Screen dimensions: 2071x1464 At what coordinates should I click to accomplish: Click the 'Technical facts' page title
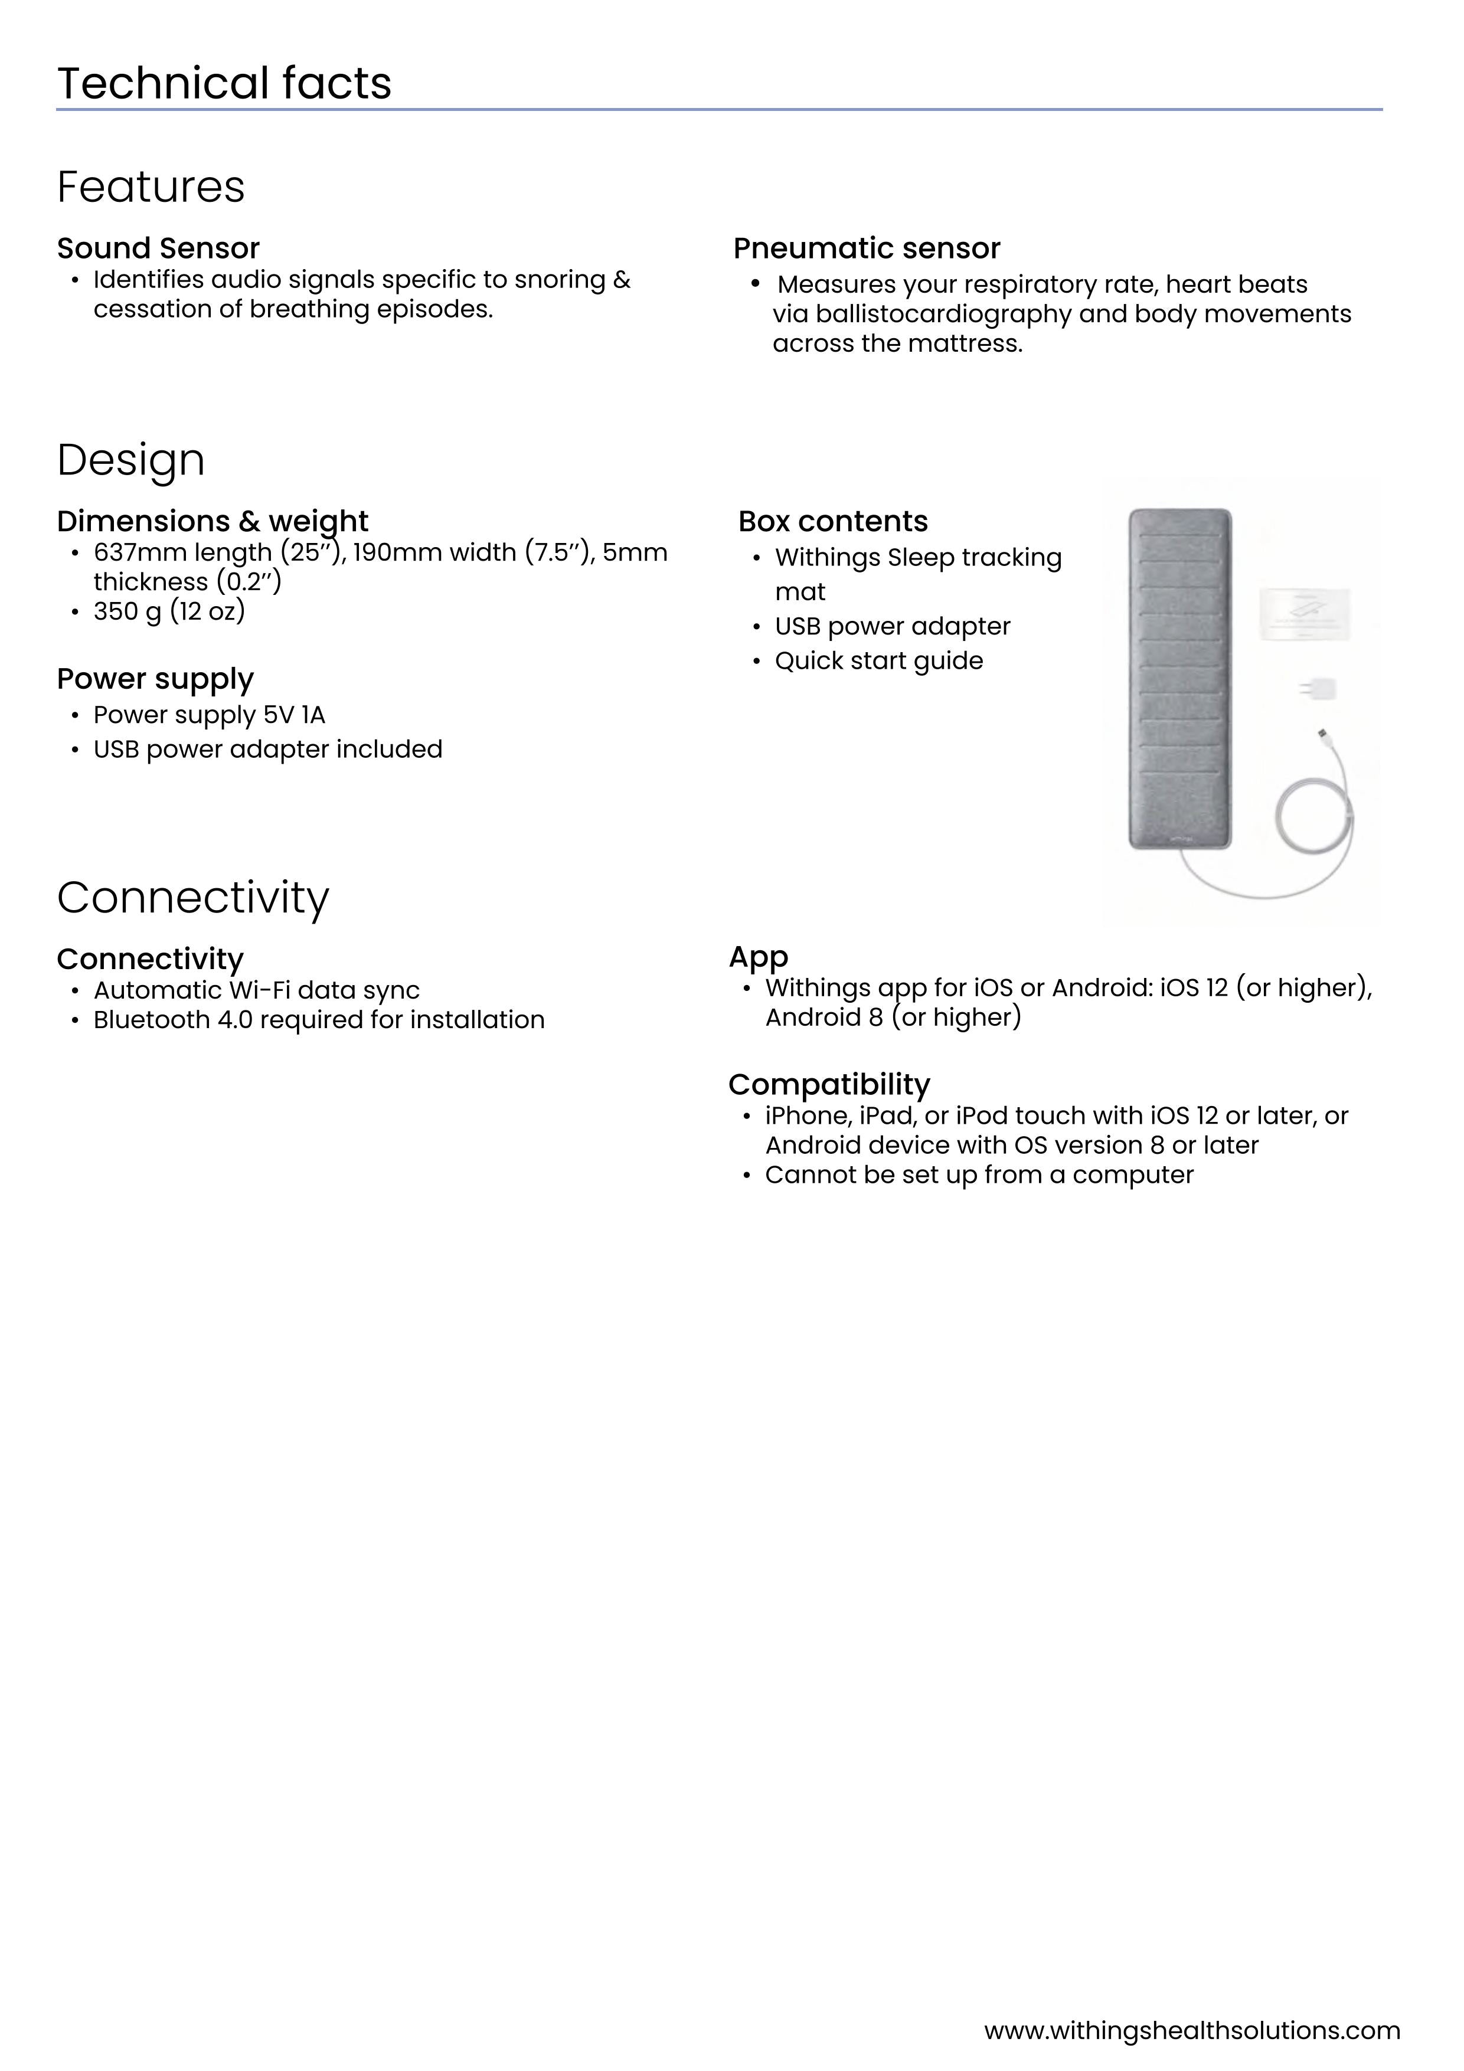click(224, 83)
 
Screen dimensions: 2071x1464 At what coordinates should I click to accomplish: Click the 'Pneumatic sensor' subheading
click(866, 248)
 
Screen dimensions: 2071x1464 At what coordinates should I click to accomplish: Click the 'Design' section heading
click(131, 460)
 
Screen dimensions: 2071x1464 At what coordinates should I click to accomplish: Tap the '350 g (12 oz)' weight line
click(169, 611)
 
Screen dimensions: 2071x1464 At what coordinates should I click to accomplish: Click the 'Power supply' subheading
click(155, 678)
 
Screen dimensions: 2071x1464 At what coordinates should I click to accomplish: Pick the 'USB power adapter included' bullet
click(268, 750)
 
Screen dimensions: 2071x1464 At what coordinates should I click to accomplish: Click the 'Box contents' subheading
click(832, 521)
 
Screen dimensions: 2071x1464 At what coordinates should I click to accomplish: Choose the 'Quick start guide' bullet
click(878, 661)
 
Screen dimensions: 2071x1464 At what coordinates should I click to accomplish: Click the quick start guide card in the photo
click(1305, 611)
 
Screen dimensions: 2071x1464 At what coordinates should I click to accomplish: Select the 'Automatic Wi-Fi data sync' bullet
click(256, 990)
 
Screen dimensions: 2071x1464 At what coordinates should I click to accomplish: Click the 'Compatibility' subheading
click(829, 1084)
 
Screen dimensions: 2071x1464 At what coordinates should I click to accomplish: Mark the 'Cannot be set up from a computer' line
click(979, 1175)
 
